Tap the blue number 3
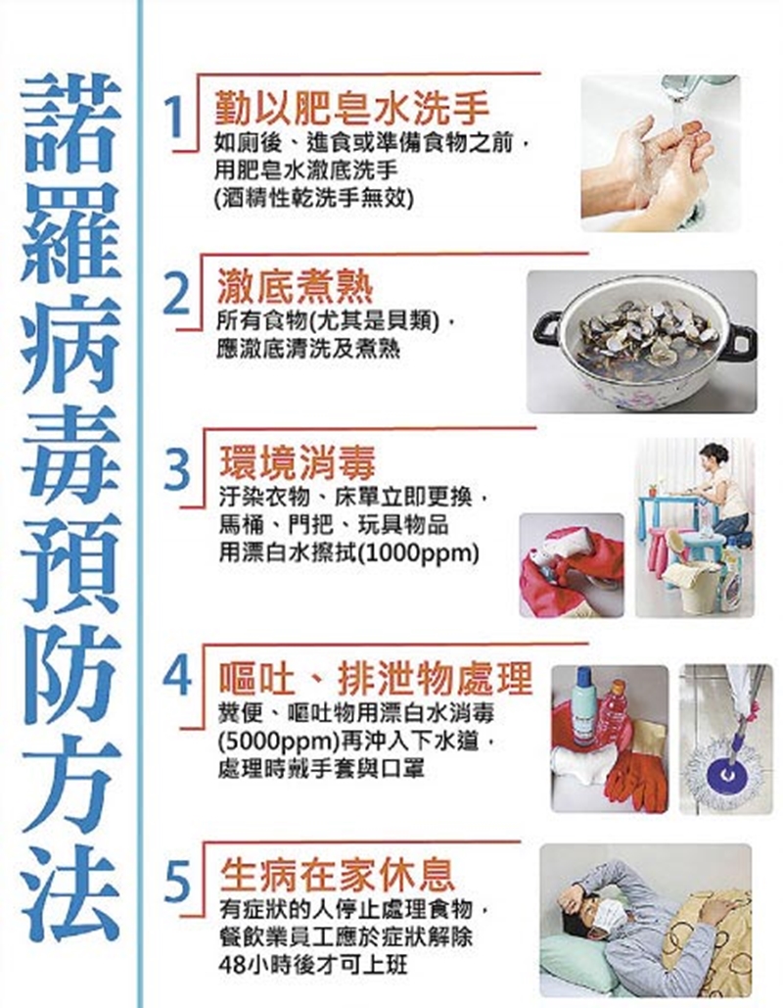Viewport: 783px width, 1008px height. tap(176, 471)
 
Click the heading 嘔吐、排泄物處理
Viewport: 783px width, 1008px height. tap(376, 675)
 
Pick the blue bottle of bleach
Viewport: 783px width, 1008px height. tap(585, 704)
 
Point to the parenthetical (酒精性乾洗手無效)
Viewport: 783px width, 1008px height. tap(313, 197)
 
